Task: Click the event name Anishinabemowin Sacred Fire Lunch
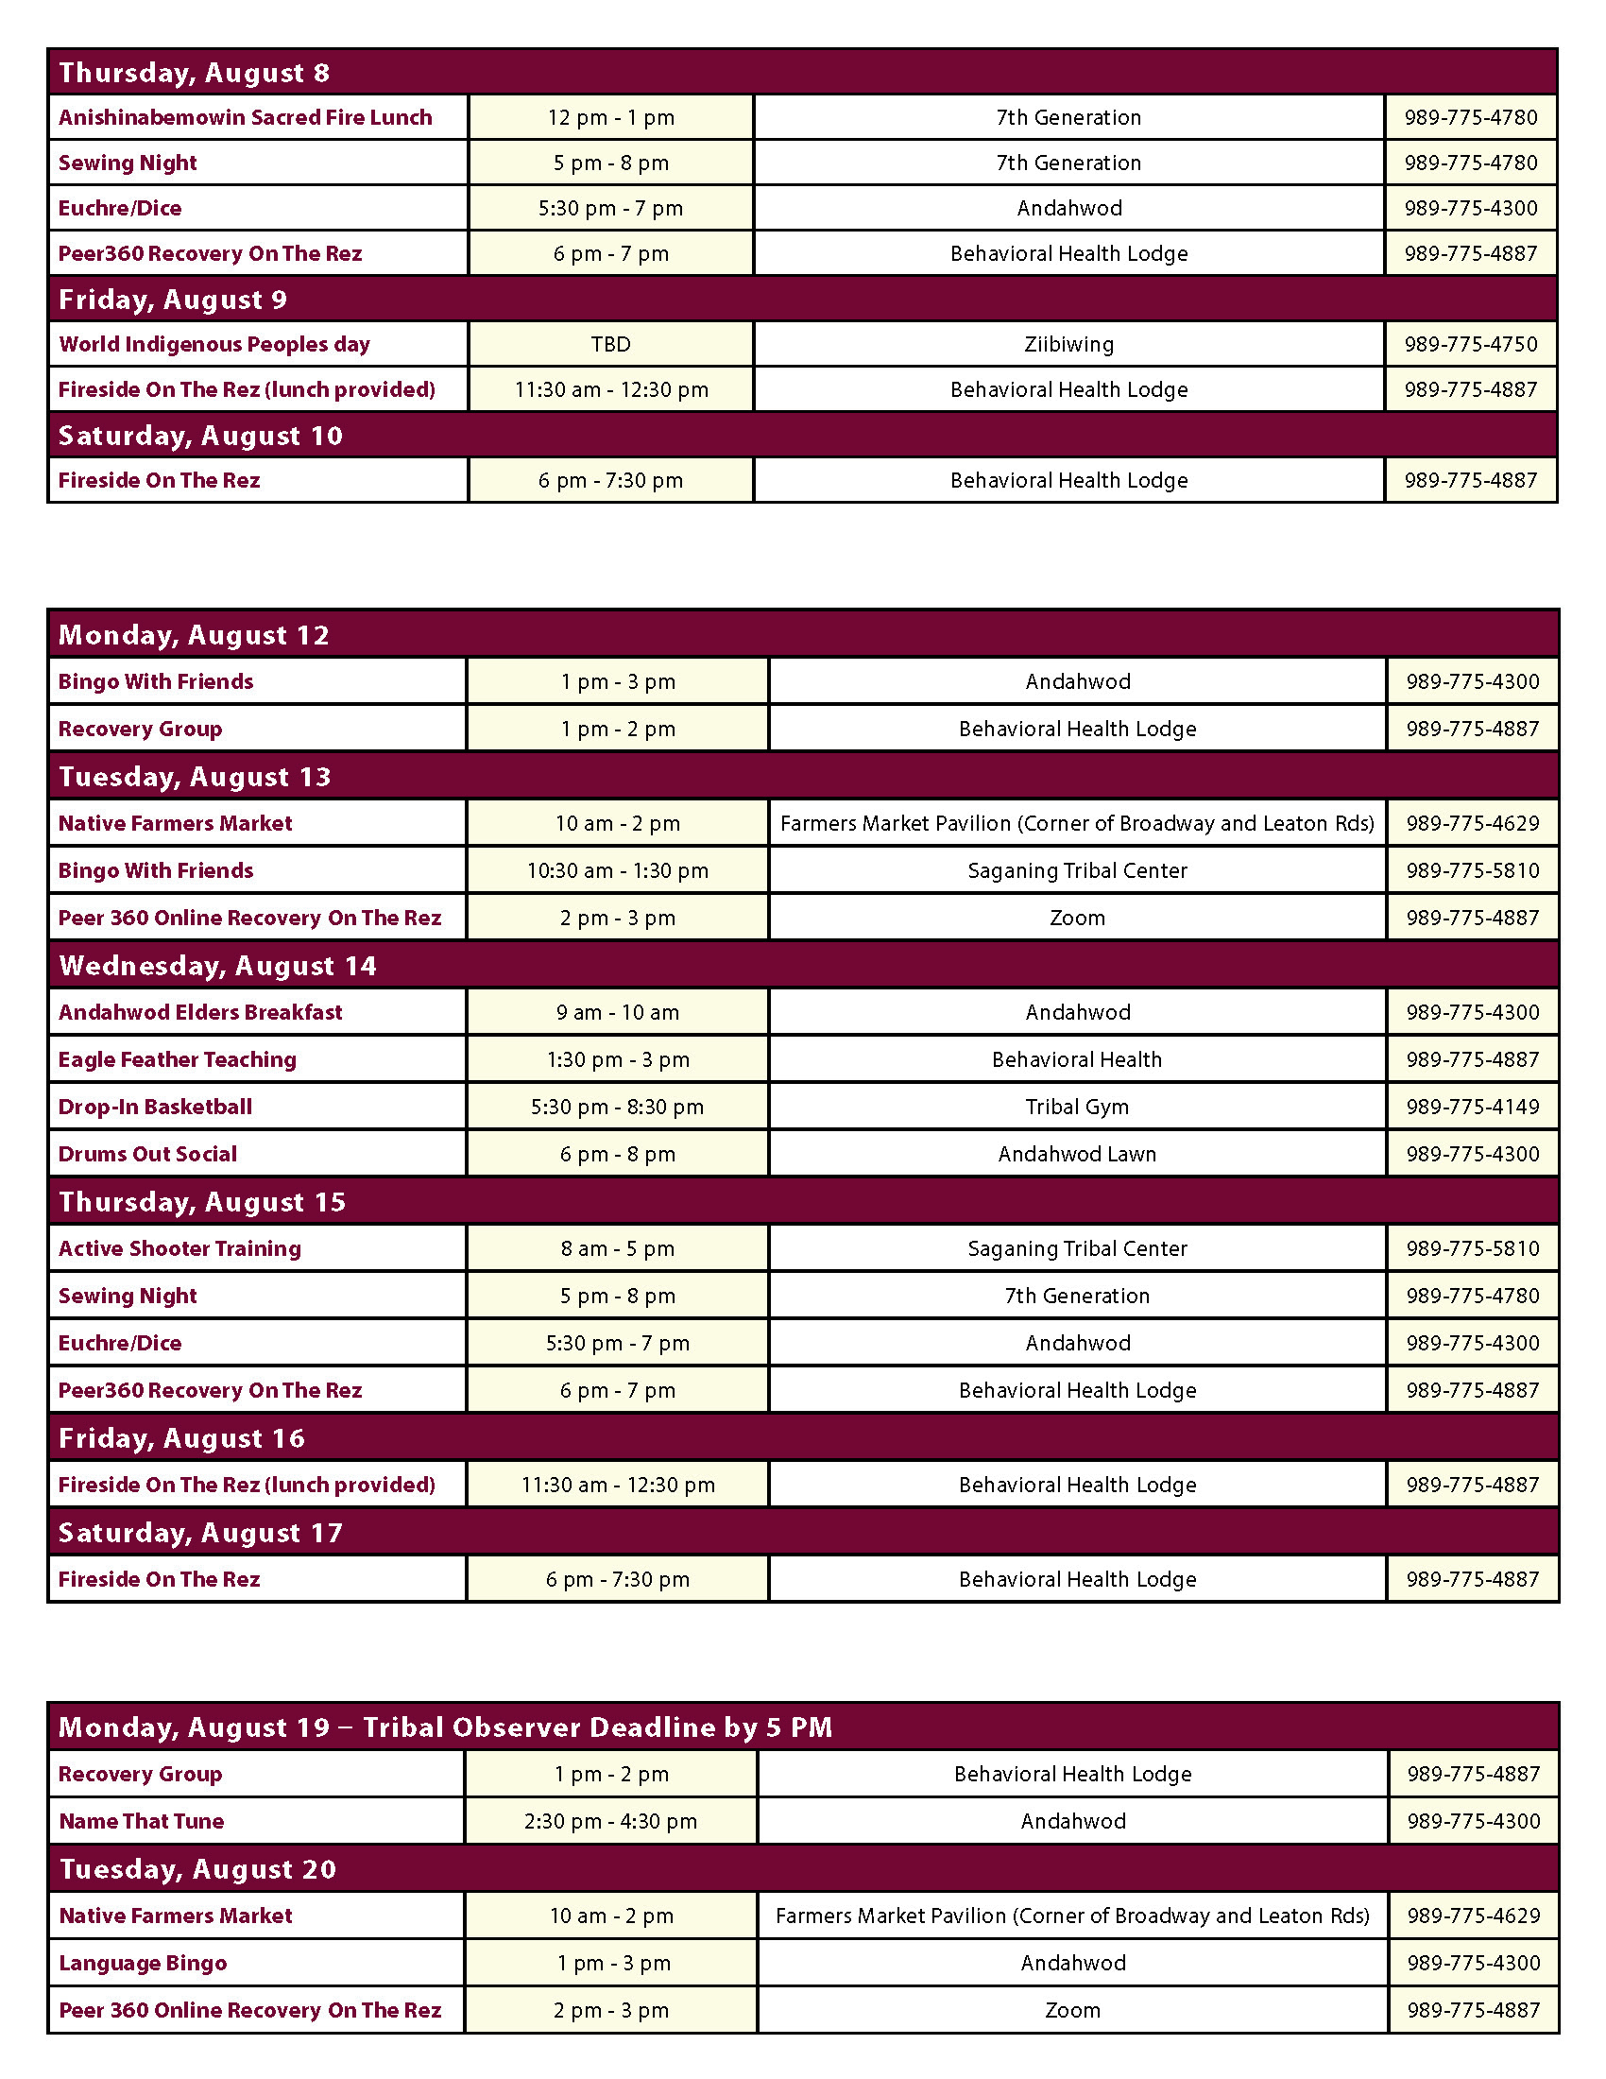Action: click(246, 117)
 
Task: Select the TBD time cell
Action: click(611, 344)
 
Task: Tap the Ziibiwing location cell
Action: click(1068, 344)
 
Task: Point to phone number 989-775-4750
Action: click(1471, 344)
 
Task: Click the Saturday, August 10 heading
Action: click(200, 436)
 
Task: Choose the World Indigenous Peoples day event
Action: click(214, 344)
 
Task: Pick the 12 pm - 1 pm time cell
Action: click(611, 117)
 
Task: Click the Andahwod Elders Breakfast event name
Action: click(200, 1012)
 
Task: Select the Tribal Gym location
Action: click(1077, 1107)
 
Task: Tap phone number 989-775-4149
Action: click(1473, 1107)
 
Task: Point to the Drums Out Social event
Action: click(147, 1154)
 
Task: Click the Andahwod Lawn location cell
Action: click(1077, 1154)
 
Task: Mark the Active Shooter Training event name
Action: click(179, 1248)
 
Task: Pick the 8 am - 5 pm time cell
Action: click(618, 1248)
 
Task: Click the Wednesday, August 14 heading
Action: click(218, 966)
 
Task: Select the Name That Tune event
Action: click(142, 1821)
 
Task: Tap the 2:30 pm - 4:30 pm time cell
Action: click(611, 1821)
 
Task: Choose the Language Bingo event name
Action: click(143, 1963)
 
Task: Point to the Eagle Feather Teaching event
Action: click(178, 1059)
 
